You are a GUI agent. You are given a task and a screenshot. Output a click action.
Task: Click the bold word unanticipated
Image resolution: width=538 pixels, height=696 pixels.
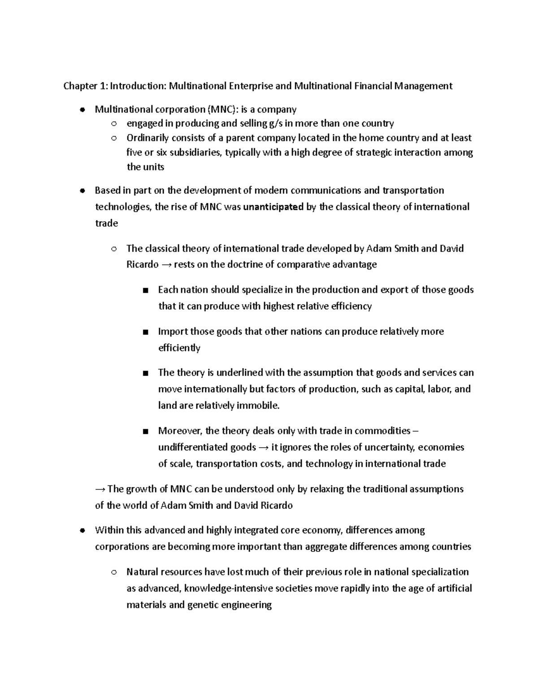coord(273,207)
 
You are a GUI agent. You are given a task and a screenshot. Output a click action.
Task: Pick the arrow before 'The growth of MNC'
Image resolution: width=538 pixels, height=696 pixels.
coord(100,489)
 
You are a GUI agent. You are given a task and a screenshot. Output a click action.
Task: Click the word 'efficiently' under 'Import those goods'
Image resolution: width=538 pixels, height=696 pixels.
coord(179,348)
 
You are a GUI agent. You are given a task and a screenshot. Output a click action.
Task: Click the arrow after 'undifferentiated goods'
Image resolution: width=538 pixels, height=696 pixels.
coord(264,447)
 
